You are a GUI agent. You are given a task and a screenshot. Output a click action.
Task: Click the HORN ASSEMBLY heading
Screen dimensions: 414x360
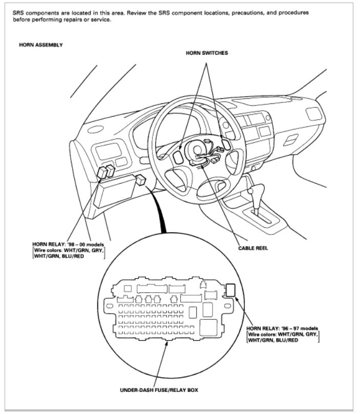click(x=40, y=45)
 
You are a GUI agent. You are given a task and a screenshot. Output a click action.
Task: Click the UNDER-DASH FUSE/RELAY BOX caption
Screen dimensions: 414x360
click(x=160, y=390)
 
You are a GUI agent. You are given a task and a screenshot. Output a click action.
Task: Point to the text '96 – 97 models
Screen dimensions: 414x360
click(x=300, y=328)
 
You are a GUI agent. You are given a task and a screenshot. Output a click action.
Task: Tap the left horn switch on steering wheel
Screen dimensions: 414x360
click(x=177, y=157)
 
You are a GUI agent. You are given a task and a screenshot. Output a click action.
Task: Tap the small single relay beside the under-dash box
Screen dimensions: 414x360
click(x=141, y=180)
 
